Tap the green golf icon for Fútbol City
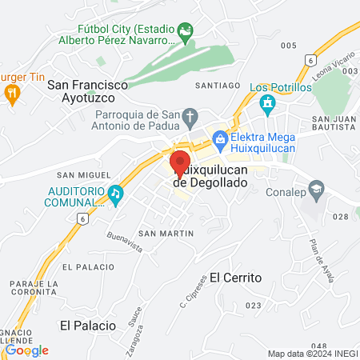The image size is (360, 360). (186, 33)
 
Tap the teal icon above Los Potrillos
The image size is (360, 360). (267, 103)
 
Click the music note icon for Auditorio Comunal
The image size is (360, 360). (116, 193)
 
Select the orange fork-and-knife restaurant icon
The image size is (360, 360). (12, 94)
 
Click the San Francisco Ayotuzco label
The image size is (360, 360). (87, 90)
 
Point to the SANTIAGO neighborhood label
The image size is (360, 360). (218, 85)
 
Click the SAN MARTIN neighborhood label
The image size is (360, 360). (166, 233)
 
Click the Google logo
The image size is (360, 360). (27, 350)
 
